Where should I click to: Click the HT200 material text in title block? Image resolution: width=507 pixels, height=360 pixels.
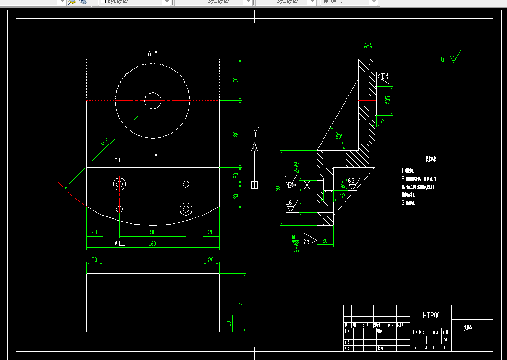431,315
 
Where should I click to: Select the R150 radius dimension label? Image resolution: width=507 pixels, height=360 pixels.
105,143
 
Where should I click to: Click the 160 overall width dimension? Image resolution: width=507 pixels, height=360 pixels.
152,244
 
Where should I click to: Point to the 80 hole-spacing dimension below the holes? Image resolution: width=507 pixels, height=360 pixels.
152,232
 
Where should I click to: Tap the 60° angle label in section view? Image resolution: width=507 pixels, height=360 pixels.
339,137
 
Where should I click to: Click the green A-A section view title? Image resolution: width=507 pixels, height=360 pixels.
368,46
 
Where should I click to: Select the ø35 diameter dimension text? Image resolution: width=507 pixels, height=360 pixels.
388,100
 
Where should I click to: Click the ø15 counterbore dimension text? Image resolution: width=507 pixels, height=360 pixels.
343,184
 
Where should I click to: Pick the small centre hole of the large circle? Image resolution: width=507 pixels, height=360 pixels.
153,101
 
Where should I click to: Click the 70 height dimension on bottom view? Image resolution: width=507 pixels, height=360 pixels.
240,303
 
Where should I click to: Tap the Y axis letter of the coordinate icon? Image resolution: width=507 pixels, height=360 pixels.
255,131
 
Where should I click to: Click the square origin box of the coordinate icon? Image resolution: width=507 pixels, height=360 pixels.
254,185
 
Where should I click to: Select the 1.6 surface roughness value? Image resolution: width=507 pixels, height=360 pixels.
289,202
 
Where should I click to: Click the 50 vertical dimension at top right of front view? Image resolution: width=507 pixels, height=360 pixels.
236,80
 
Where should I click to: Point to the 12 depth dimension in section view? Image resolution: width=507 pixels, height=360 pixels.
342,196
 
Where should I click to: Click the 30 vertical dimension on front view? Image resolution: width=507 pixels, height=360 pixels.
236,197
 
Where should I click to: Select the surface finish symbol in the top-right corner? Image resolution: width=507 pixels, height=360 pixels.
454,58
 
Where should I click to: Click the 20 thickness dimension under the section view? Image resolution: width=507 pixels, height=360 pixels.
325,240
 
